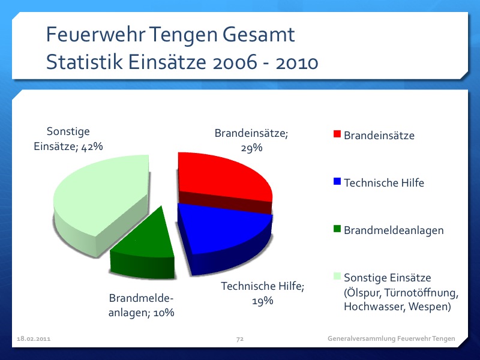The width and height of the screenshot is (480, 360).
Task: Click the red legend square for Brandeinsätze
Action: [337, 134]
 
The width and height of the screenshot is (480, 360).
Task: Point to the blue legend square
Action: [337, 182]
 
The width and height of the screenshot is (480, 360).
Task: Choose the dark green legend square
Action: [337, 229]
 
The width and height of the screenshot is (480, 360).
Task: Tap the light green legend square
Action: [337, 276]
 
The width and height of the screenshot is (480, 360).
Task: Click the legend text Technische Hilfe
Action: [384, 183]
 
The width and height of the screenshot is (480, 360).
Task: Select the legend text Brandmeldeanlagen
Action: [394, 230]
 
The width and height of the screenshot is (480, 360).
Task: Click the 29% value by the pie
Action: [252, 148]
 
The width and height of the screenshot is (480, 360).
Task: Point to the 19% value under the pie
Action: [263, 301]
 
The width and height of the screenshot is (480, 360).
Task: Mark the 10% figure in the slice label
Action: [162, 312]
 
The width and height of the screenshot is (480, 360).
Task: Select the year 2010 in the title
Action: [296, 62]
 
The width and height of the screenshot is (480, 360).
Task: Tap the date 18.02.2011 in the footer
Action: [34, 340]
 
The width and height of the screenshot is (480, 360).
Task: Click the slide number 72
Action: [239, 340]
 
